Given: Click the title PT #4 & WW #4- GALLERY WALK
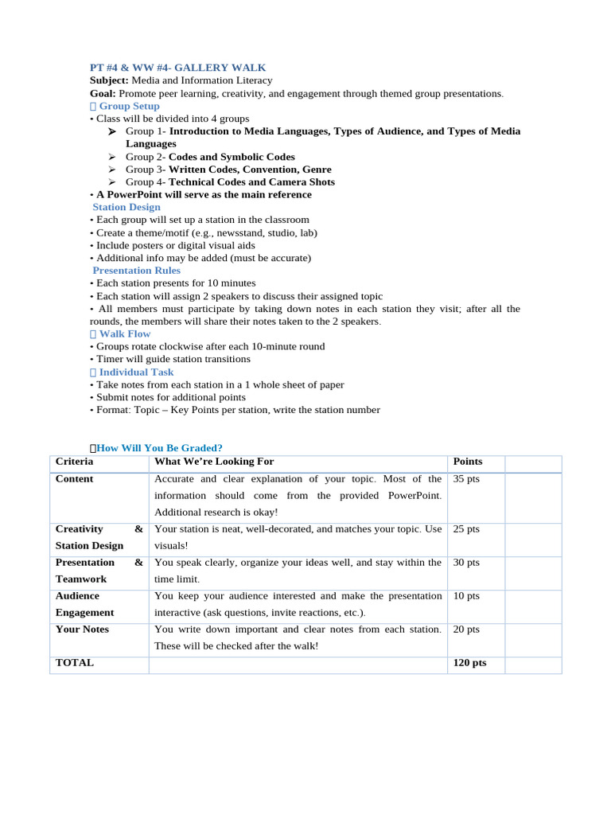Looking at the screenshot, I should [177, 68].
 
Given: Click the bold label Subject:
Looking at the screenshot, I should [109, 80].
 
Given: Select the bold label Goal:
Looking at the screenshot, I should [102, 93].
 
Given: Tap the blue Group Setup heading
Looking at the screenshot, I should [128, 106].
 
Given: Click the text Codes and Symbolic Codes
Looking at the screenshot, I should [232, 157].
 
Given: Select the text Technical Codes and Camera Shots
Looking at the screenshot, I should [251, 182].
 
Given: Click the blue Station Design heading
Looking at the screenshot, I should [126, 207].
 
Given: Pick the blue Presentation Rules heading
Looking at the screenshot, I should [136, 271].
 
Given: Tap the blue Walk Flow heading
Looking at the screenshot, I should [124, 334].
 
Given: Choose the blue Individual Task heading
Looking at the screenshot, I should [135, 372].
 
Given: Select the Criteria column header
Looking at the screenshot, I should [74, 462].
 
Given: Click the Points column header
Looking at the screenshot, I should [467, 462].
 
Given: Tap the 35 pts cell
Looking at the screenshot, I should [466, 479].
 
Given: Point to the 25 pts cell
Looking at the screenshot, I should [466, 529].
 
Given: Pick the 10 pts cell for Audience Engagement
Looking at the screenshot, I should [466, 596].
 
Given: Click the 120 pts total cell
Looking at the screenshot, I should [469, 663].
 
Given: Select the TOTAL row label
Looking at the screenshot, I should [74, 663].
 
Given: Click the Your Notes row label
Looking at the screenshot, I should [82, 630].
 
